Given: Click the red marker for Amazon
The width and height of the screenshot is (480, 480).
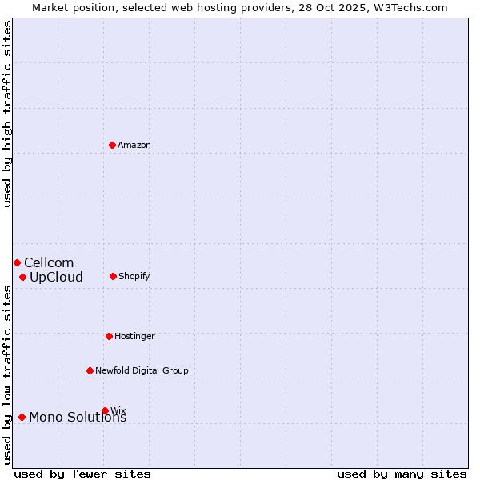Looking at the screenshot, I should coord(113,145).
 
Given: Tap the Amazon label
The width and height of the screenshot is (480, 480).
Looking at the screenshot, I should coord(134,146).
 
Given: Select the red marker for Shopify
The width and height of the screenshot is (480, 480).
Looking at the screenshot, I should coord(113,276).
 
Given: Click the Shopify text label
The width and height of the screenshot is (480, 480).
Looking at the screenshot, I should coord(134,277).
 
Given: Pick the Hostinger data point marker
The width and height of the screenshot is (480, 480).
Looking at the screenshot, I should coord(109,336).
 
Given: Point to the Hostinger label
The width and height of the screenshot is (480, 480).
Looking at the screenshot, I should coord(134,337).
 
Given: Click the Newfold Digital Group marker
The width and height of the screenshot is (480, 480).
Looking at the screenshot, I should coord(90,370).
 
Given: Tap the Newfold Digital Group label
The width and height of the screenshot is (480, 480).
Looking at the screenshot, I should coord(142,371).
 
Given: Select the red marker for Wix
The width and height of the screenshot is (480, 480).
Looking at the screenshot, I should coord(105,410).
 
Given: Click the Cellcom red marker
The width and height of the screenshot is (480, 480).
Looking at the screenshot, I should coord(17,262).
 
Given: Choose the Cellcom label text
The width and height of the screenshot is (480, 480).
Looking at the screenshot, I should coord(49,263).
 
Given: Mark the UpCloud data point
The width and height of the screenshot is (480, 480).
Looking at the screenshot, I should coord(22,277).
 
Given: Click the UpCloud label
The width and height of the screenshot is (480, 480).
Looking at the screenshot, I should coord(56,278).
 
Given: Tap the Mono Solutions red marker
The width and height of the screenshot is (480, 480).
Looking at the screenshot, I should coord(22,417).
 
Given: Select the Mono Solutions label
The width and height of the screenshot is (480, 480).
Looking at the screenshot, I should coord(78,418).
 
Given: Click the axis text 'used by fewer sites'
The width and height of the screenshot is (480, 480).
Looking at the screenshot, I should coord(82,474).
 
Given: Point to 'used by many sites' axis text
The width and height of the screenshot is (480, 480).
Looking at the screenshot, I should coord(402,474).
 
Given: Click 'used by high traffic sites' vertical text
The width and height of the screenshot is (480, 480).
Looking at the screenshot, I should coord(7,114).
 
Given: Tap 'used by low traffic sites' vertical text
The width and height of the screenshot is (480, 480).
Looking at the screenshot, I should coord(7,374).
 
